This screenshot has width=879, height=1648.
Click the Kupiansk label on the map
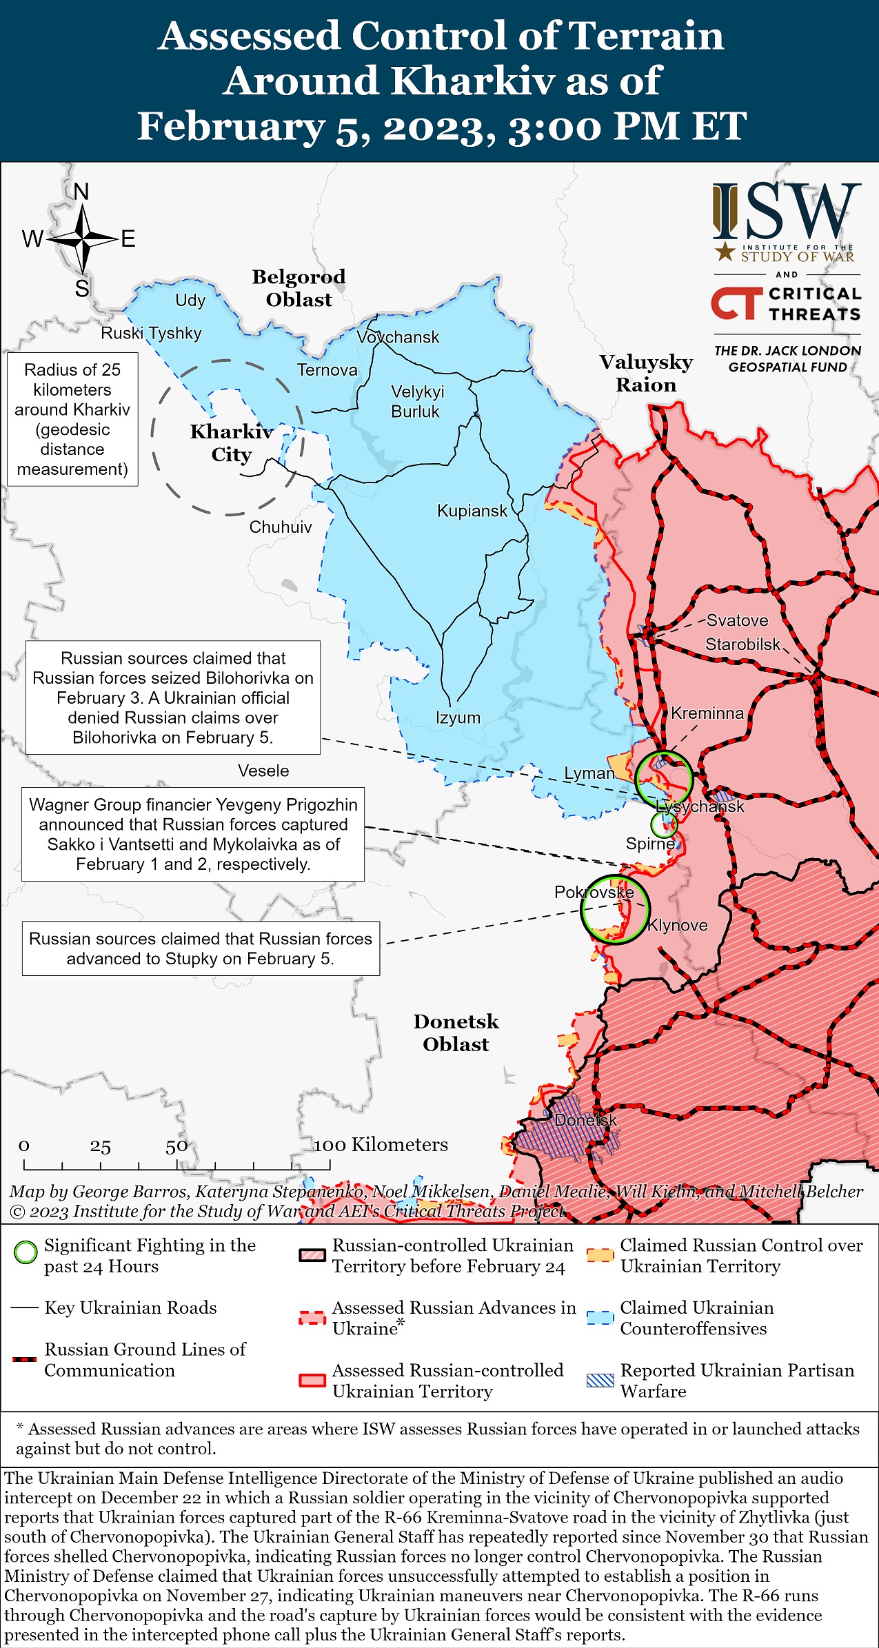pyautogui.click(x=472, y=511)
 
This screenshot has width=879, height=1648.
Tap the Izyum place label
pyautogui.click(x=458, y=718)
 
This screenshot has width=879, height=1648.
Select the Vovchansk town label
pyautogui.click(x=398, y=338)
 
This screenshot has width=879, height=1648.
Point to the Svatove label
pyautogui.click(x=737, y=620)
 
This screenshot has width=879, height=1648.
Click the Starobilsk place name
pyautogui.click(x=742, y=644)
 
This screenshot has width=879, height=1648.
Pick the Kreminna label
pyautogui.click(x=707, y=713)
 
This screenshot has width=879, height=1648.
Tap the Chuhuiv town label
pyautogui.click(x=281, y=527)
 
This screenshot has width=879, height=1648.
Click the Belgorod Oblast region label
pyautogui.click(x=299, y=288)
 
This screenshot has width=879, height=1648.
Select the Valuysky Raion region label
pyautogui.click(x=646, y=374)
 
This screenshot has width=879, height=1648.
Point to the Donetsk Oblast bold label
pyautogui.click(x=456, y=1032)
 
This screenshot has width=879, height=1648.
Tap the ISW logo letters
pyautogui.click(x=787, y=212)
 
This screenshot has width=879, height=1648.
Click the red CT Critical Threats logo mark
pyautogui.click(x=736, y=304)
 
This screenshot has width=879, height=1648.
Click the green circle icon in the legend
pyautogui.click(x=26, y=1252)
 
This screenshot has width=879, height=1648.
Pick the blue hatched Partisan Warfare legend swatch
pyautogui.click(x=600, y=1381)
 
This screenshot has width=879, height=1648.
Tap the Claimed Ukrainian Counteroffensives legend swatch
pyautogui.click(x=600, y=1317)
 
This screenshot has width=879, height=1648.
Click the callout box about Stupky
pyautogui.click(x=201, y=948)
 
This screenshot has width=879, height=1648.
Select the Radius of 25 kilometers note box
pyautogui.click(x=72, y=419)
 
